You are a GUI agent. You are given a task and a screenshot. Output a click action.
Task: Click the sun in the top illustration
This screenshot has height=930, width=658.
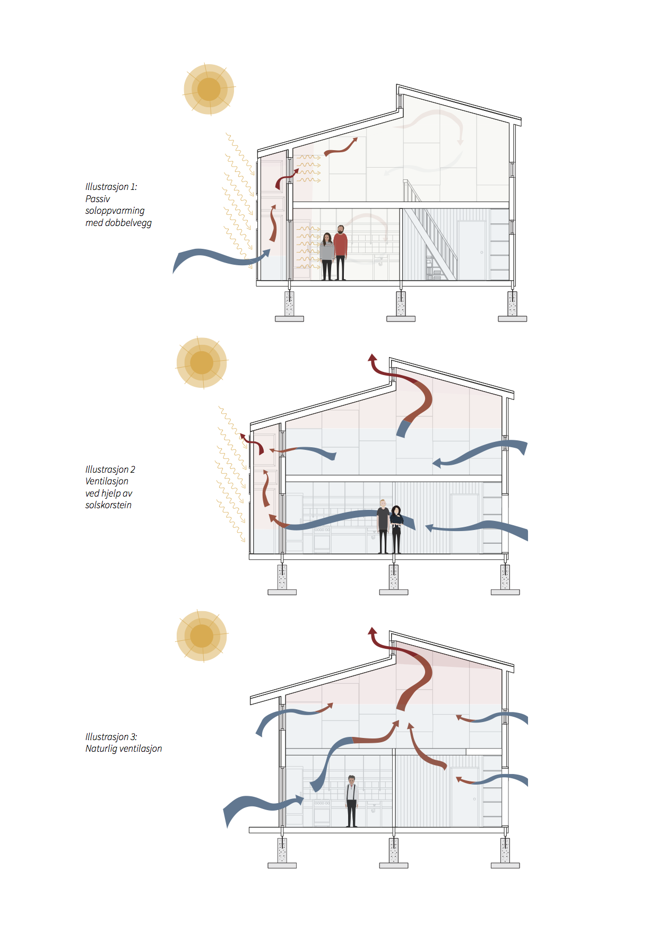(209, 89)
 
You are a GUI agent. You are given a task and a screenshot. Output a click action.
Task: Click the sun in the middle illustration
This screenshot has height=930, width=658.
(202, 363)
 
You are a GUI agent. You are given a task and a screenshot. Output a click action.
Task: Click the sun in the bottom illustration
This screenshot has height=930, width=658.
(202, 636)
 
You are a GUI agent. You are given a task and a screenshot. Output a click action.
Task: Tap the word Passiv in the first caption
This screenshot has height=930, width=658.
(98, 199)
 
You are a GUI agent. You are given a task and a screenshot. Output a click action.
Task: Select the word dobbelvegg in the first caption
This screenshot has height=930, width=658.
(128, 223)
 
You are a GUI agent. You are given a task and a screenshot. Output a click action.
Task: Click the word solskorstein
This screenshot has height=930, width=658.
(108, 505)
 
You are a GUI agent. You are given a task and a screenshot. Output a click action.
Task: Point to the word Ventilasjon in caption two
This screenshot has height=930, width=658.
(107, 481)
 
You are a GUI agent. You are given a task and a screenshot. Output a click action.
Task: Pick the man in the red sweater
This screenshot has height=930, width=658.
(341, 253)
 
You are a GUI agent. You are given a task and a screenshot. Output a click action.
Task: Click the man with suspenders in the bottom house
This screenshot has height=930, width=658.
(351, 801)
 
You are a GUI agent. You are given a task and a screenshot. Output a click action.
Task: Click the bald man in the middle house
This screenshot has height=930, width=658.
(383, 526)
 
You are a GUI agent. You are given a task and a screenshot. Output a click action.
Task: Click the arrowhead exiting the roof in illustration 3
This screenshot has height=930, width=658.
(373, 631)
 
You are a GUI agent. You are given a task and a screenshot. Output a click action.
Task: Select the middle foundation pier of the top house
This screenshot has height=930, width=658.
(401, 306)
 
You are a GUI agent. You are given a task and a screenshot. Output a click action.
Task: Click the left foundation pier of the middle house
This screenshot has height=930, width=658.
(282, 580)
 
